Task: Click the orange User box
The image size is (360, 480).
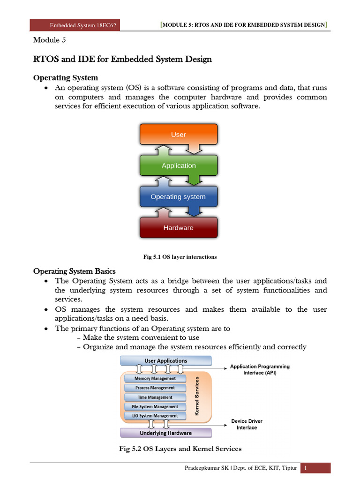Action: coord(179,135)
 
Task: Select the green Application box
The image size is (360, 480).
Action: coord(179,165)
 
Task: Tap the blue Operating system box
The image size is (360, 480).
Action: coord(178,197)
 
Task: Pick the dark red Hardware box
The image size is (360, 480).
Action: coord(179,228)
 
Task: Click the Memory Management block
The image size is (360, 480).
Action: coord(155,378)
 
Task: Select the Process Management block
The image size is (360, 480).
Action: coord(155,388)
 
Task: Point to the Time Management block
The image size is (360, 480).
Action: coord(155,397)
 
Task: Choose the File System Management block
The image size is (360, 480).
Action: coord(155,406)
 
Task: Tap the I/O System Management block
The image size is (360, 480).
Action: coord(155,416)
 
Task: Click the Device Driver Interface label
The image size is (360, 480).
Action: coord(247,424)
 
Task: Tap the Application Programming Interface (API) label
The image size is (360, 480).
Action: coord(260,369)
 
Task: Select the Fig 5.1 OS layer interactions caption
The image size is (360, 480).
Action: coord(180,257)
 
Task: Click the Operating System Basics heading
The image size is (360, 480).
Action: coord(75,271)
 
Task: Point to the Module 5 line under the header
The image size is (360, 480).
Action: coord(50,40)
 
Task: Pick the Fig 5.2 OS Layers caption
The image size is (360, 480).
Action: coord(180,449)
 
